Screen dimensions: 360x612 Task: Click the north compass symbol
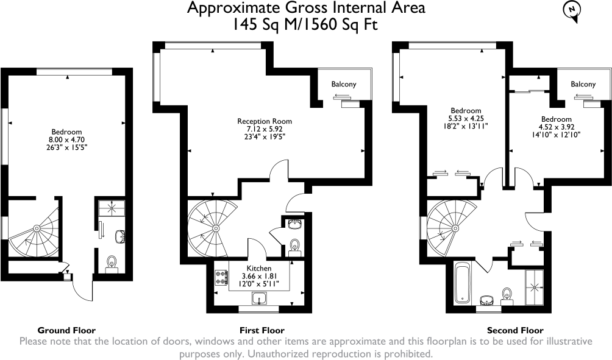coord(571,10)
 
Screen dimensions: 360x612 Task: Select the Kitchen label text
coord(259,268)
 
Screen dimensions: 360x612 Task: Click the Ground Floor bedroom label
coord(67,132)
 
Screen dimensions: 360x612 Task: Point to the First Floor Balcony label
coord(344,84)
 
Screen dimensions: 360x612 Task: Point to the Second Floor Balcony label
coord(583,84)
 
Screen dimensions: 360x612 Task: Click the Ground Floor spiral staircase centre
coord(37,228)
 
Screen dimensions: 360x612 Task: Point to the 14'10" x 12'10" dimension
coord(556,134)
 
